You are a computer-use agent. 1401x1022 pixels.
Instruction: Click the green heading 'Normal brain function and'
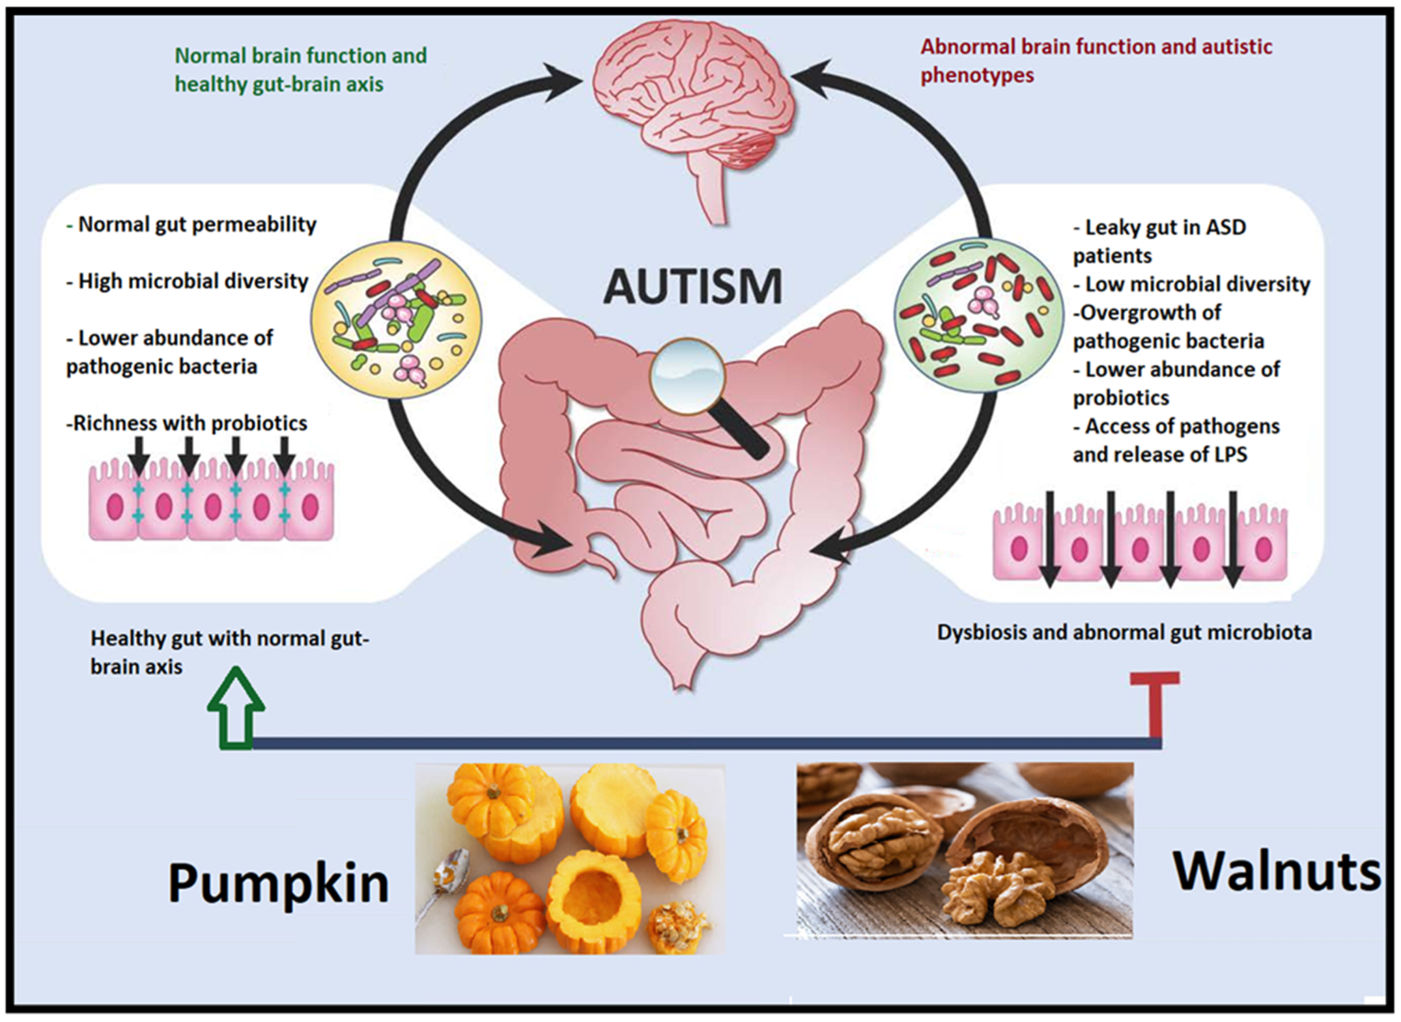tap(301, 56)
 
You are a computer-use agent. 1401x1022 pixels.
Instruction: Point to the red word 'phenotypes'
tap(977, 76)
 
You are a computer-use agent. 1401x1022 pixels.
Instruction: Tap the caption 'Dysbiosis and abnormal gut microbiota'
tap(1124, 633)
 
